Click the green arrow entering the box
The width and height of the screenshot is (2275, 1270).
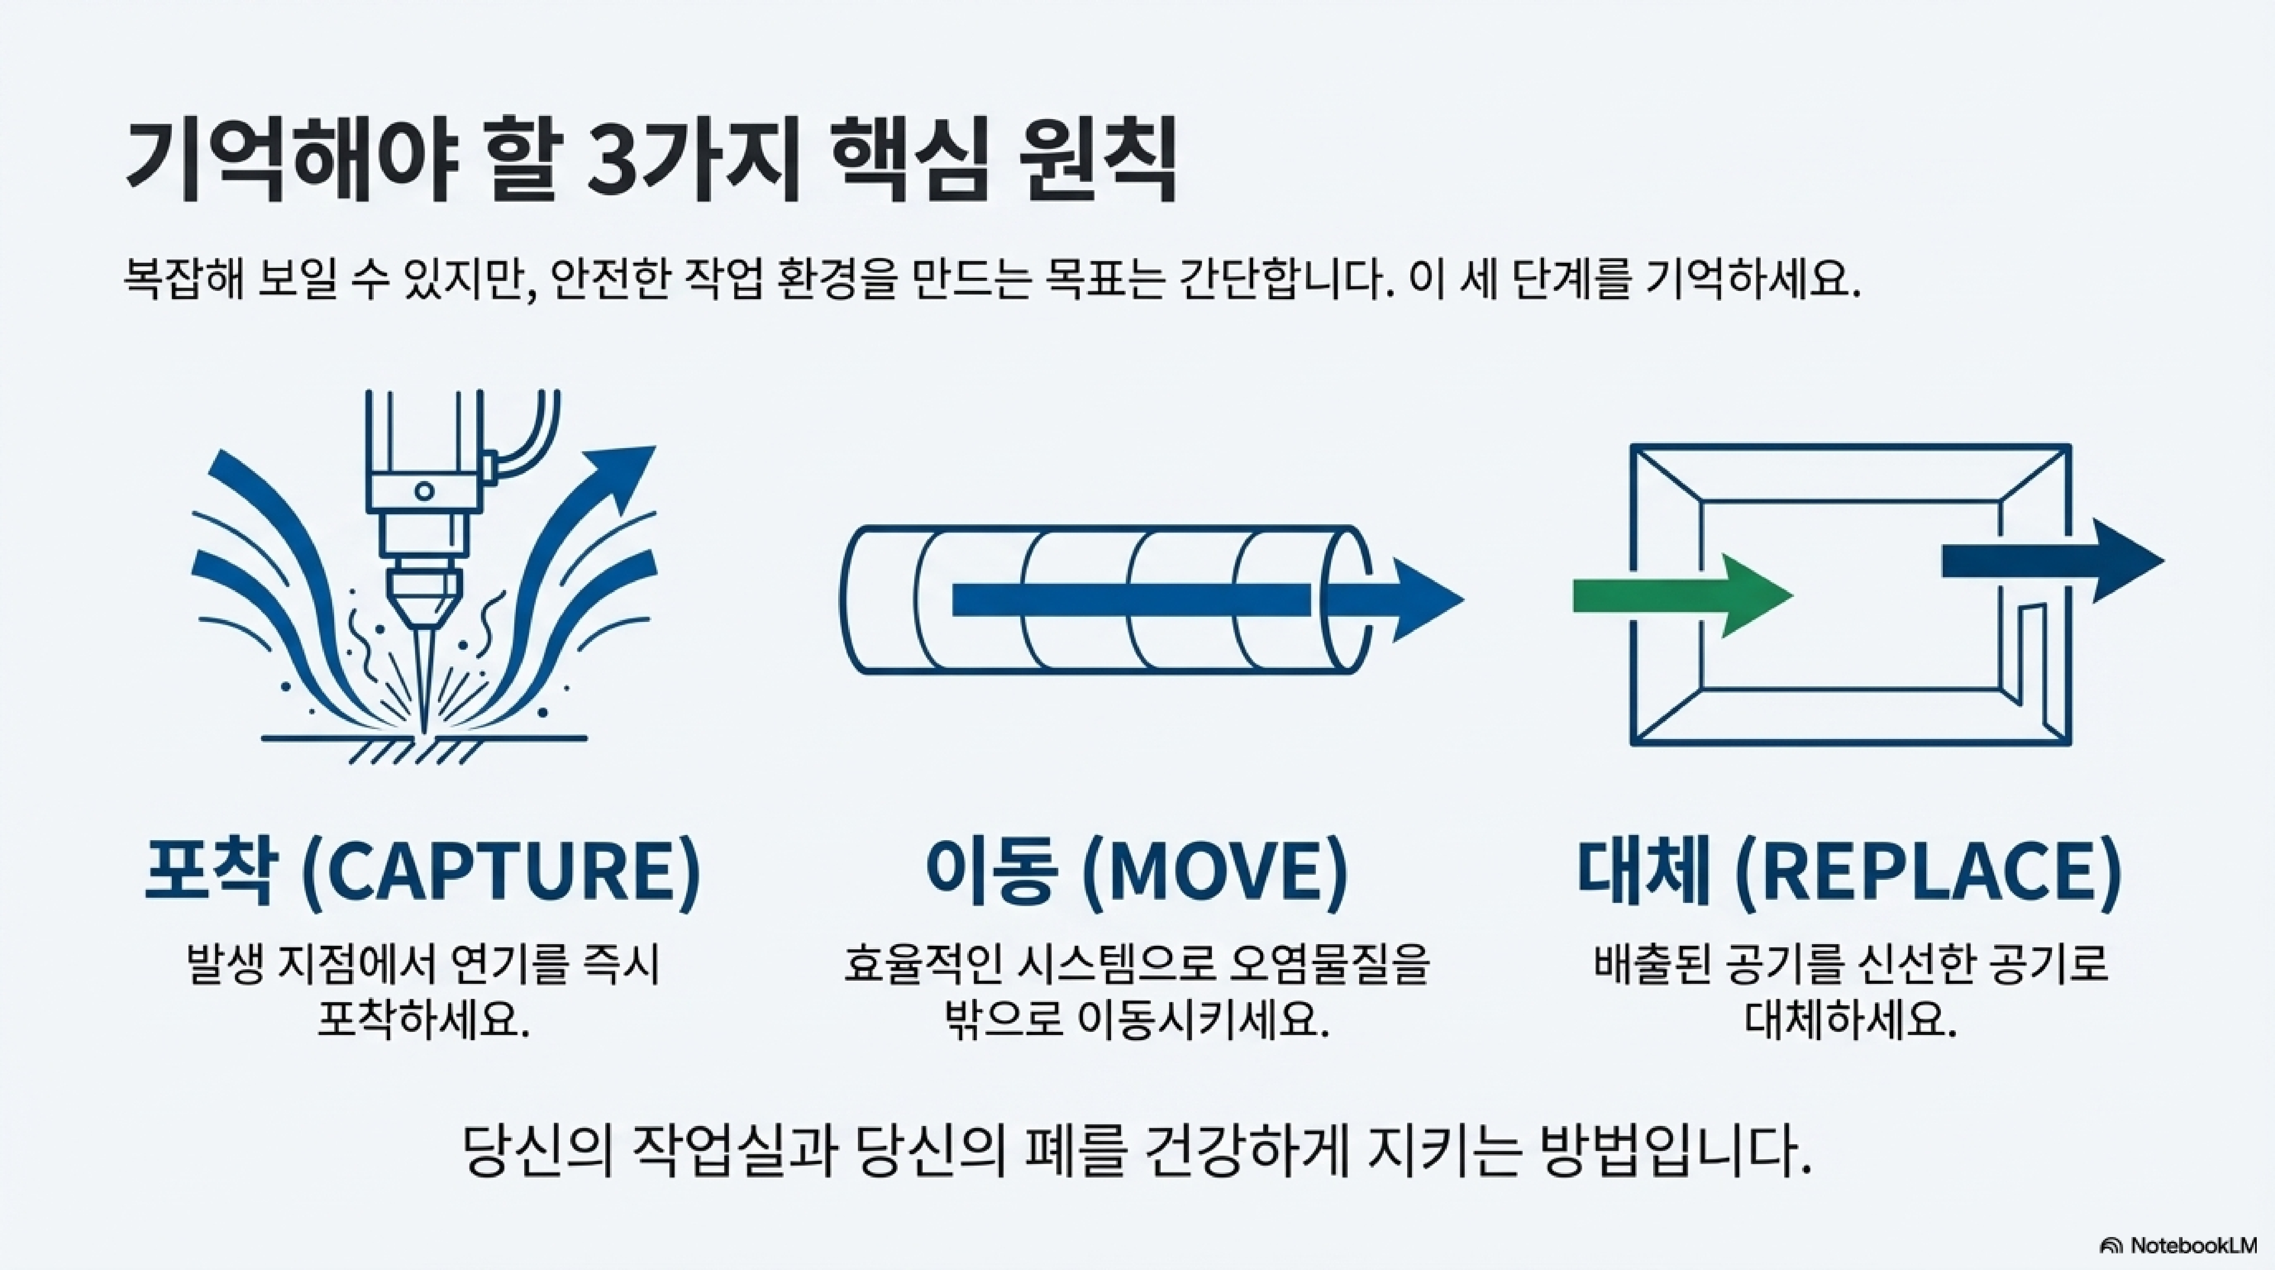point(1678,596)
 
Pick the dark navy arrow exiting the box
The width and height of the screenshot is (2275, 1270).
point(2049,561)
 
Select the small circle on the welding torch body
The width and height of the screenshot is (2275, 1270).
point(425,491)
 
